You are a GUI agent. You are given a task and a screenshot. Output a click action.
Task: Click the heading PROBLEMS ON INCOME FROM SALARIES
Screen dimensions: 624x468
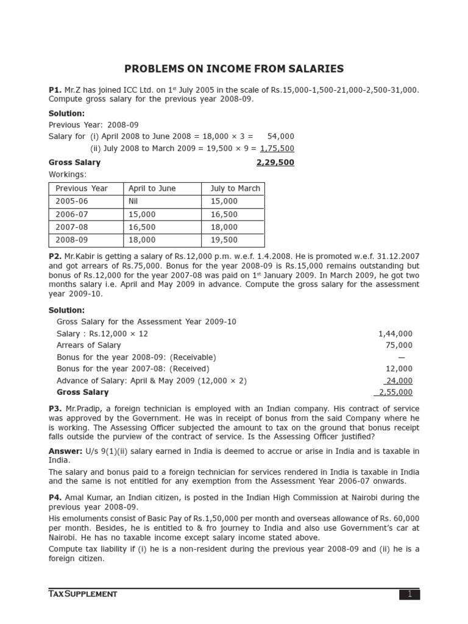(x=234, y=69)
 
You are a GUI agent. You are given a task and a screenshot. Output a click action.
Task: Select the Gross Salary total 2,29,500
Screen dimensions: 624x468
(x=275, y=163)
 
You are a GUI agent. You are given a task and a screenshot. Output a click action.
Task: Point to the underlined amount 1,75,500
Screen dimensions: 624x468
(x=277, y=148)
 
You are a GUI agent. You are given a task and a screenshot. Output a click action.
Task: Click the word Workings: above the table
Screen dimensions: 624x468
(x=67, y=175)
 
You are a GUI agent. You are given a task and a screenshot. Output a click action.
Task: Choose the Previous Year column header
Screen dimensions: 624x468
(x=81, y=188)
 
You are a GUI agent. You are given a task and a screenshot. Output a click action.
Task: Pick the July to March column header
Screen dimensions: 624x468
(x=235, y=188)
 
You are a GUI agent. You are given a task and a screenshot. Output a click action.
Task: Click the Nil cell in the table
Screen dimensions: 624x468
(x=134, y=201)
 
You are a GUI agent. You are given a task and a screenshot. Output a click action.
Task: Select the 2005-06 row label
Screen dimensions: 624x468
(x=72, y=201)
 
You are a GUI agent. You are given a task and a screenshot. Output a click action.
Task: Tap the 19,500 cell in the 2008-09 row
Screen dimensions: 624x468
(x=224, y=240)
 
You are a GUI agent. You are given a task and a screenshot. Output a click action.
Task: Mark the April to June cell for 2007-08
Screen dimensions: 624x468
(x=142, y=227)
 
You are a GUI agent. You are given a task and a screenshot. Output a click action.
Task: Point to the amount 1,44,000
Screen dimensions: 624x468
(x=395, y=334)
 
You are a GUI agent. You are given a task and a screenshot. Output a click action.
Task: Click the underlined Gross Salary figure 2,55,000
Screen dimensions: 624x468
(x=395, y=392)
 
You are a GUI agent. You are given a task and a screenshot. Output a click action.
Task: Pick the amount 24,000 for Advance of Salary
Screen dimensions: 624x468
(x=399, y=381)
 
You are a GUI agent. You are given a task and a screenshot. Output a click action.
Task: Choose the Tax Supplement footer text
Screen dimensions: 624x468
(x=83, y=594)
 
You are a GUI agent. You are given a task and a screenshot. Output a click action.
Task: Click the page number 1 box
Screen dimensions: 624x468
(x=409, y=594)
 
